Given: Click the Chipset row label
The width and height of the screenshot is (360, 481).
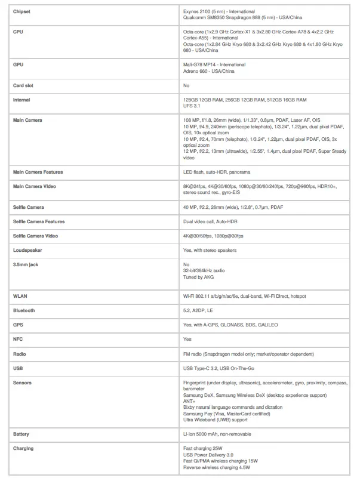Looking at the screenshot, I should tap(21, 11).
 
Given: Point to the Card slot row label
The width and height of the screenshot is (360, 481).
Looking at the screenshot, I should tap(23, 85).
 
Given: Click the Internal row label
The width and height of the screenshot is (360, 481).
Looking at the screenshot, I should tap(21, 100).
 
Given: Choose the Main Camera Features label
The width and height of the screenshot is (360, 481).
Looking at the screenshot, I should tap(38, 172).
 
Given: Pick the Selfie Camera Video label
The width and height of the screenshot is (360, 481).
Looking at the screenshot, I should tap(35, 236).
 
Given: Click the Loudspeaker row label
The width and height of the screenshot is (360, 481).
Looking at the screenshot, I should tap(28, 250).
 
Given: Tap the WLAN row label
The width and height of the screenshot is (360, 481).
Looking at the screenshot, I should tap(20, 296).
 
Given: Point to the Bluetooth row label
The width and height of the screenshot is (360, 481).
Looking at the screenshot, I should tap(24, 310).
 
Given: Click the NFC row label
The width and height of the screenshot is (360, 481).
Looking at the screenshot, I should tap(18, 339).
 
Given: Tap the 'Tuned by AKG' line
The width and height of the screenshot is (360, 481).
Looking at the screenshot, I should tap(198, 277).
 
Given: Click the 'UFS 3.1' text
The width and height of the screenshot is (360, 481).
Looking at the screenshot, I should tap(192, 106).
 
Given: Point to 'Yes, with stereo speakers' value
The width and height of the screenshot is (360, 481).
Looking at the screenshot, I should tap(210, 250).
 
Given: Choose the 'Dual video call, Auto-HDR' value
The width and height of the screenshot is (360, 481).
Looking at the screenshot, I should tap(211, 221).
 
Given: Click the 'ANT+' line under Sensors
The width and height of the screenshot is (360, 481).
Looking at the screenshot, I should tap(189, 402).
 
